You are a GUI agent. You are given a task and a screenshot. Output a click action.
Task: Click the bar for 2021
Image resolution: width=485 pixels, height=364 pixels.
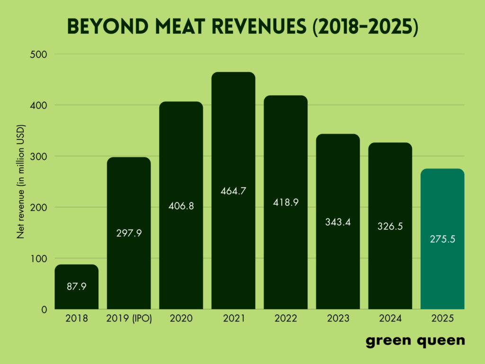(x=233, y=142)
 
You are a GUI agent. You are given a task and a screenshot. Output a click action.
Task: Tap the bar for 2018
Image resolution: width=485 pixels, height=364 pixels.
(x=76, y=299)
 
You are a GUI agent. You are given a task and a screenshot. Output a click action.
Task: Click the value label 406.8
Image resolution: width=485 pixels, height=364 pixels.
(x=181, y=206)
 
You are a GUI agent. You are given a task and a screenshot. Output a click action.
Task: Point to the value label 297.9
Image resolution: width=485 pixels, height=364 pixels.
(x=129, y=233)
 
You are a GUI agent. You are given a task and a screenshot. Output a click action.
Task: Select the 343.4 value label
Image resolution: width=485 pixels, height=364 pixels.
(x=338, y=222)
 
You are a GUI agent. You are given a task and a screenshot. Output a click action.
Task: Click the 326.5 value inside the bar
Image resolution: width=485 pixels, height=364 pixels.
(x=390, y=226)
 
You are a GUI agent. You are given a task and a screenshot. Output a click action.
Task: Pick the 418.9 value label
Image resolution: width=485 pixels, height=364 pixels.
(x=286, y=202)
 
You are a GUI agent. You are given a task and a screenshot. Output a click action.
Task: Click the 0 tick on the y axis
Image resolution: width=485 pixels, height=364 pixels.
(x=44, y=309)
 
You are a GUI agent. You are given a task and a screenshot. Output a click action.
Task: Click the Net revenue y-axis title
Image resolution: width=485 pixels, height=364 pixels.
(x=21, y=182)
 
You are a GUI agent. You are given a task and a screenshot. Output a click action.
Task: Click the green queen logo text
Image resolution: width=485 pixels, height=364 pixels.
(x=415, y=341)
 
